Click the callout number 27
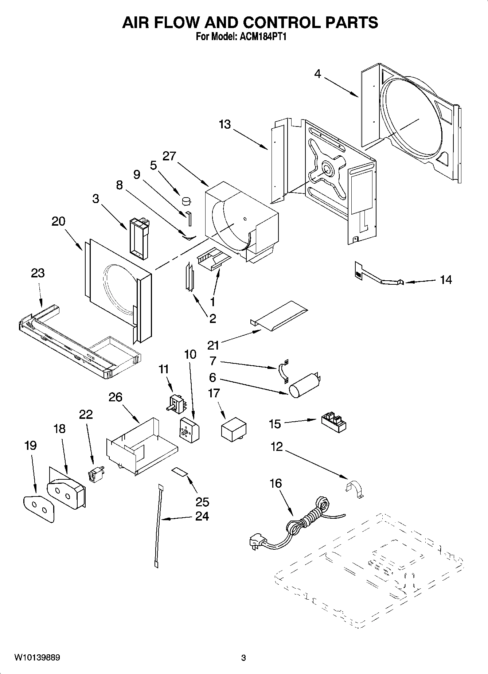coord(169,156)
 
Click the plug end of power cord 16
coord(255,541)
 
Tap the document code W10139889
coord(37,658)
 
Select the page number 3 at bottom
coord(243,658)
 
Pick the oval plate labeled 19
coord(39,508)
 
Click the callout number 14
coord(446,280)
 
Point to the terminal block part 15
coord(333,422)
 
